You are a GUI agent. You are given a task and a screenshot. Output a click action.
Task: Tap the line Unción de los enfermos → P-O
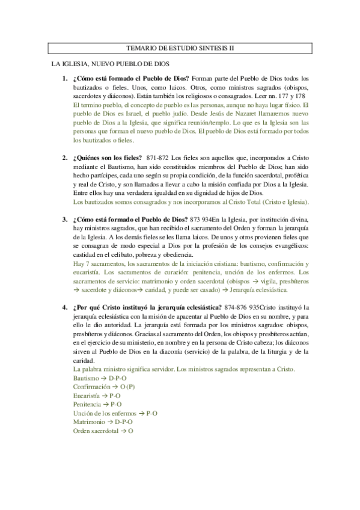(x=115, y=414)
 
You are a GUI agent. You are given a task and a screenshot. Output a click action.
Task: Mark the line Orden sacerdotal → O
(x=103, y=431)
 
